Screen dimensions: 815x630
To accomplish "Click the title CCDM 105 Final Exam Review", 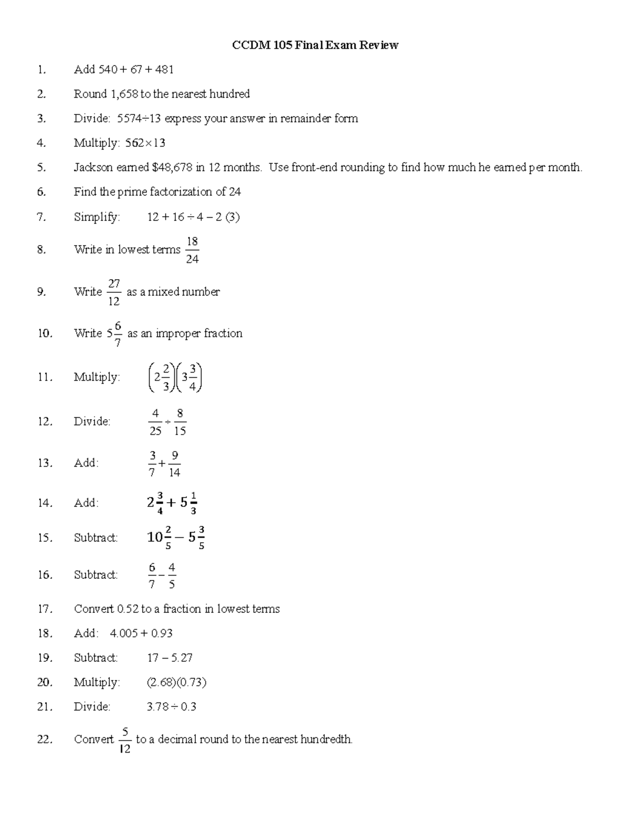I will point(315,45).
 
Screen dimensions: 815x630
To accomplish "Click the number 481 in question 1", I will point(164,69).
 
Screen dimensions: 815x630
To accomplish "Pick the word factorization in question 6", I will point(181,192).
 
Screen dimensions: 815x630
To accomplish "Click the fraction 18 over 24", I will point(192,250).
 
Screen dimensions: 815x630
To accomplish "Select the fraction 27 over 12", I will point(114,292).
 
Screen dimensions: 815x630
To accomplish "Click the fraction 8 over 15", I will point(180,422).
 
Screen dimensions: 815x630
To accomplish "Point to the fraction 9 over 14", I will point(175,464).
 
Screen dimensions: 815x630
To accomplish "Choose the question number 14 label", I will point(45,503).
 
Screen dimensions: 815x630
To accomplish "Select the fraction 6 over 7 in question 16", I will point(152,575).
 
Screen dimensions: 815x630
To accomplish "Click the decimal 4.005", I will point(124,633).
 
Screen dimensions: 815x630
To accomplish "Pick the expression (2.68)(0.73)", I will point(176,682).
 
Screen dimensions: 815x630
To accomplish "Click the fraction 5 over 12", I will point(125,740).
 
